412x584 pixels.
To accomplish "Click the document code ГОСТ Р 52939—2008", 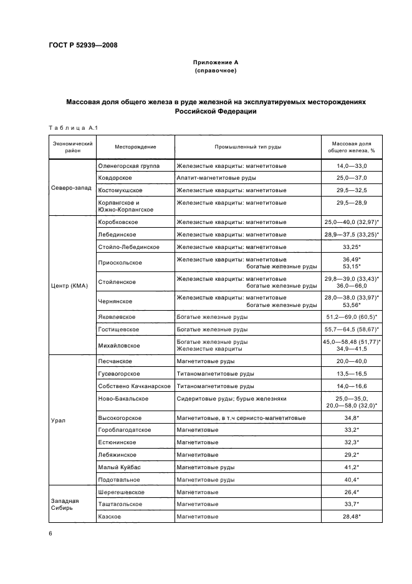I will pos(84,45).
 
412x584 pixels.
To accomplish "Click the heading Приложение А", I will pos(215,62).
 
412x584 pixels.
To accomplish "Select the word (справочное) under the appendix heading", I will pos(215,71).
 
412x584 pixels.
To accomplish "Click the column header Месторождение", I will pos(135,147).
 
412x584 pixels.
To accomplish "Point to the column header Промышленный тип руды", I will pos(247,147).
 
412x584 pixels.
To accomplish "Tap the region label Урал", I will pos(58,421).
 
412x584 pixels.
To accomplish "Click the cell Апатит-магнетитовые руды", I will pos(214,178).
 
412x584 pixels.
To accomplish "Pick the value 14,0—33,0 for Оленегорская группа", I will pos(352,166).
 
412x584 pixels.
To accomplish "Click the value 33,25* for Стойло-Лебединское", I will pos(352,247).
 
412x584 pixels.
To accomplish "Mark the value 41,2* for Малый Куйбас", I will pos(352,467).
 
